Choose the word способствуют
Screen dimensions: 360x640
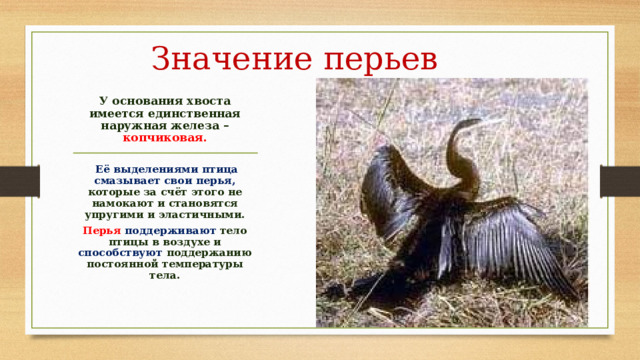[119, 253]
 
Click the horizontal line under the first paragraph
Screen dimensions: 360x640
[166, 152]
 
